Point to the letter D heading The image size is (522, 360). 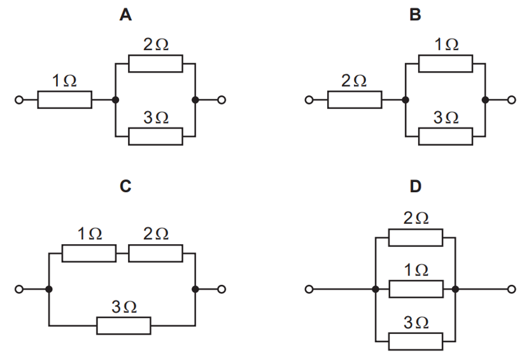[x=415, y=186]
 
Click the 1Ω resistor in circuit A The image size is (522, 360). [x=64, y=100]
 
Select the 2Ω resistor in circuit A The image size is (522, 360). [x=155, y=64]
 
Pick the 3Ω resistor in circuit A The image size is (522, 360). [x=155, y=136]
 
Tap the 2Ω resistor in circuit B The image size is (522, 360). [x=355, y=100]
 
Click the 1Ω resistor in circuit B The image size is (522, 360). [x=446, y=64]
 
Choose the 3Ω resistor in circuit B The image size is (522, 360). [x=446, y=136]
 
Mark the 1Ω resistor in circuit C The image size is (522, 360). [x=89, y=253]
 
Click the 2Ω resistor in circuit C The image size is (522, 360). [x=155, y=253]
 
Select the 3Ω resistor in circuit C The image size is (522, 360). [x=124, y=326]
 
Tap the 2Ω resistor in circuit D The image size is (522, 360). [x=415, y=238]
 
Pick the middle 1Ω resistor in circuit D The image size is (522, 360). [x=415, y=289]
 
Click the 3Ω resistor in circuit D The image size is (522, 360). [x=415, y=341]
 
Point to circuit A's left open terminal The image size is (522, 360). [x=20, y=100]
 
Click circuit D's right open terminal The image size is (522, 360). [x=511, y=289]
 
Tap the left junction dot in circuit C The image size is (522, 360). [x=49, y=289]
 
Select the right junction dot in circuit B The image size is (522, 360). [x=485, y=100]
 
